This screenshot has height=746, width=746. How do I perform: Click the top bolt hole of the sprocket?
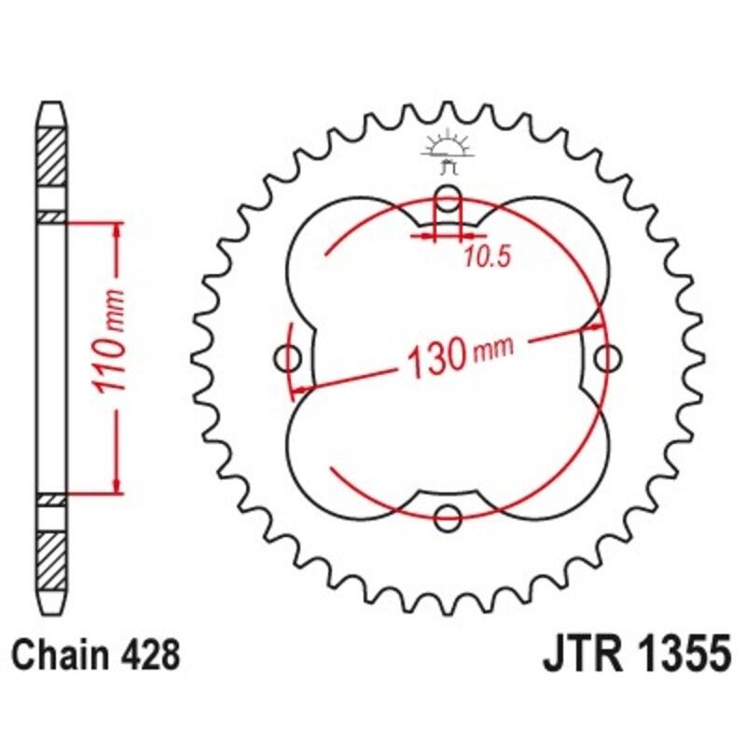click(449, 199)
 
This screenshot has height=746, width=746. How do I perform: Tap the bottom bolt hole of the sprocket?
click(449, 514)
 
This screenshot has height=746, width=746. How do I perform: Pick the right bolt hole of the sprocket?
click(608, 357)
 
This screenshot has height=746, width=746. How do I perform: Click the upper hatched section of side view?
click(52, 155)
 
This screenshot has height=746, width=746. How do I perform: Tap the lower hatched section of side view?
click(52, 558)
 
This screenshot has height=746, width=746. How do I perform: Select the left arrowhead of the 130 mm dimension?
click(299, 387)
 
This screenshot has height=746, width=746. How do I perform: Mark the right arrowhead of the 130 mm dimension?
click(598, 327)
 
